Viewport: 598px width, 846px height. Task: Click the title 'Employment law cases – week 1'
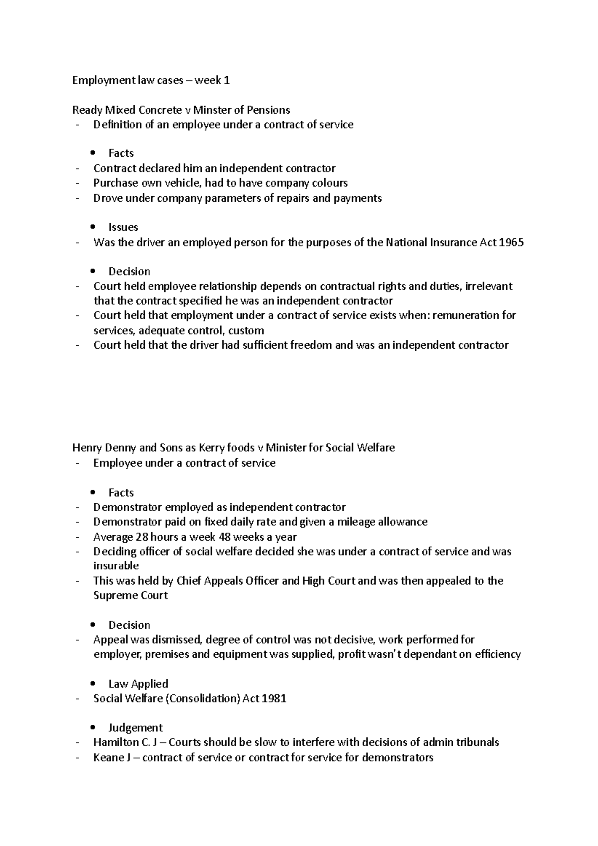151,80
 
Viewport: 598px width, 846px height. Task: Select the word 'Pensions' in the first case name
269,110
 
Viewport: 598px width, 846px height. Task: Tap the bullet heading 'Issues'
123,227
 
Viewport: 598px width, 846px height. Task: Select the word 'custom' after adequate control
246,330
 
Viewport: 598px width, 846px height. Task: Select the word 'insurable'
116,566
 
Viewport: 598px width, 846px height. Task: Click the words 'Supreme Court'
131,596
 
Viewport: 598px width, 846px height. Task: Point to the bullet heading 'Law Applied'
138,684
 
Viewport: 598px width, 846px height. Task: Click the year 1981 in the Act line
274,698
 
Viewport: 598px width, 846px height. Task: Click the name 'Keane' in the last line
107,758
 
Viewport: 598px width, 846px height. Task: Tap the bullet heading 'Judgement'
135,728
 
